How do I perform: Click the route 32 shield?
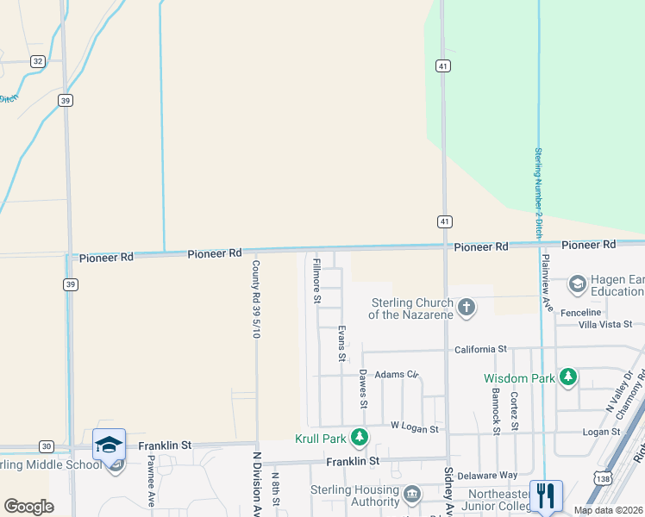[x=37, y=61]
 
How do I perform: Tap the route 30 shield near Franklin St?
[x=47, y=445]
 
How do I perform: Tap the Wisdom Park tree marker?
[x=567, y=377]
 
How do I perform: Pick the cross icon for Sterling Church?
[x=467, y=308]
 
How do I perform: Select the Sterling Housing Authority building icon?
[x=412, y=495]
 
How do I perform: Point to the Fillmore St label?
[x=316, y=281]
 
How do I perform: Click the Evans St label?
[x=341, y=343]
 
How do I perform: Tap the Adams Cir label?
[x=396, y=375]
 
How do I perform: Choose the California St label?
[x=480, y=349]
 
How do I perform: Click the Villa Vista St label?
[x=604, y=324]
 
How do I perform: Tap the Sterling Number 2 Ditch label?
[x=537, y=193]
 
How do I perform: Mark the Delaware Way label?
[x=488, y=475]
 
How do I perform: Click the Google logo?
[x=29, y=507]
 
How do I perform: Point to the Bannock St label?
[x=496, y=411]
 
